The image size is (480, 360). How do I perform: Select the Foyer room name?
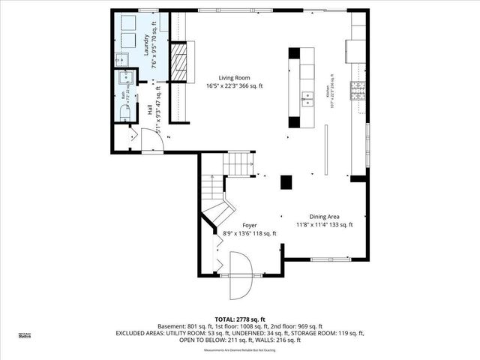pyautogui.click(x=250, y=225)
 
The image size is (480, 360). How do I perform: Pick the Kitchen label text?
pyautogui.click(x=328, y=91)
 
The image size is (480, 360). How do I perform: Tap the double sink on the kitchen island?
pyautogui.click(x=307, y=96)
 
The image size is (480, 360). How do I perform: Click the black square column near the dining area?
pyautogui.click(x=286, y=181)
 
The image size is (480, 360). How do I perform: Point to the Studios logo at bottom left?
pyautogui.click(x=25, y=337)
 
